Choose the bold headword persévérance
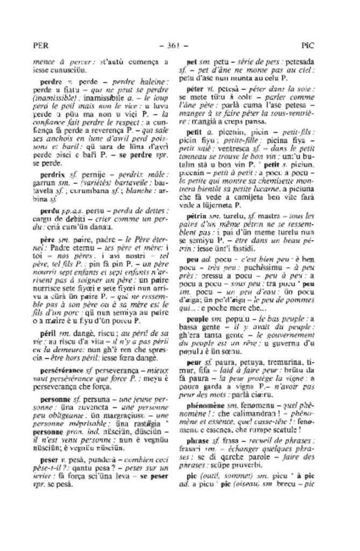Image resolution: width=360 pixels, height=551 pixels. point(62,371)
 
